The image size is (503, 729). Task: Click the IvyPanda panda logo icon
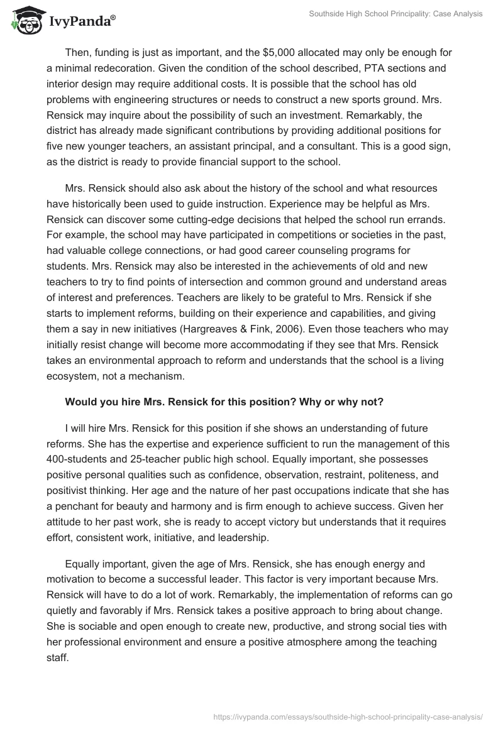click(25, 21)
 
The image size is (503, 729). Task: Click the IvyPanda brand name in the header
click(80, 23)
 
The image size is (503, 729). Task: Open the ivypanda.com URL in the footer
click(348, 716)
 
